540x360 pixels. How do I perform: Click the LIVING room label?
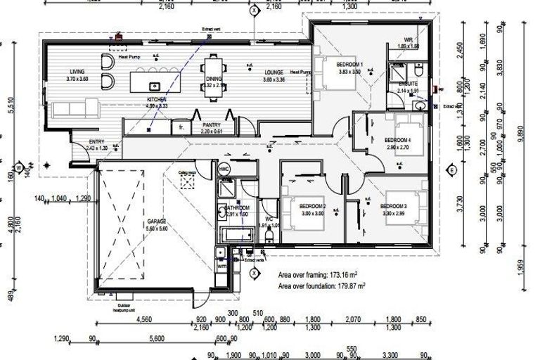[77, 71]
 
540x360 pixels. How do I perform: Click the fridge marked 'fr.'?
[181, 127]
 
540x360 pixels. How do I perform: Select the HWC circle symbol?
[224, 169]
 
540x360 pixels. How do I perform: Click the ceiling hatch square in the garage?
[188, 181]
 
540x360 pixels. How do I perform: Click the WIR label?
[408, 39]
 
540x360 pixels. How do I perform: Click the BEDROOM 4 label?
[398, 140]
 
